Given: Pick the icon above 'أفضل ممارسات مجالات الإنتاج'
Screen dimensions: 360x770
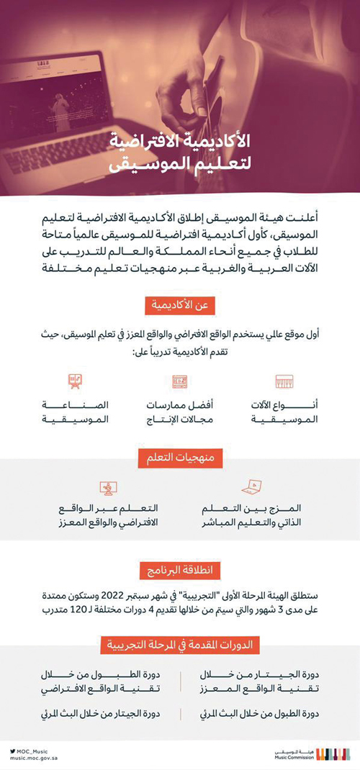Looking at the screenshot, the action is (x=179, y=381).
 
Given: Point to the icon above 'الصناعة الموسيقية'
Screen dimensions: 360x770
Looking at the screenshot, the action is (x=73, y=381).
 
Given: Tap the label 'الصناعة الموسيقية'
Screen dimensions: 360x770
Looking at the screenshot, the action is (x=76, y=412).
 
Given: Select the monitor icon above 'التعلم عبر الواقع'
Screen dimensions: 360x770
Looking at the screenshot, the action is (x=109, y=488).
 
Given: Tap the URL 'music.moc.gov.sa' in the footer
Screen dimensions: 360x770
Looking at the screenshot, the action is (x=35, y=758).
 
